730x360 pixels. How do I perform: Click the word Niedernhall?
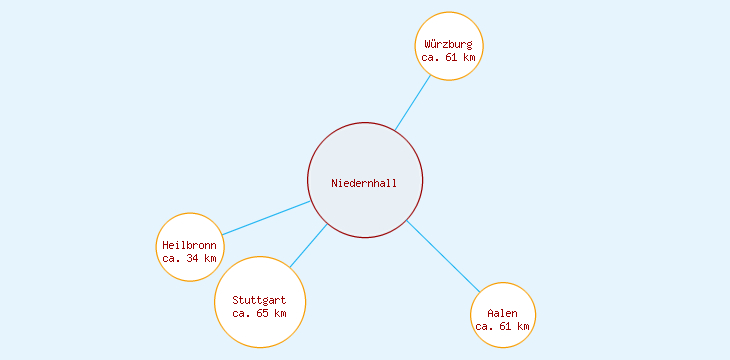coord(365,183)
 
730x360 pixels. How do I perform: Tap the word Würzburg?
coord(449,44)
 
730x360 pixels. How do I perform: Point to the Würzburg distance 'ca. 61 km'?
coord(449,58)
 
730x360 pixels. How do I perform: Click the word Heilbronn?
coord(189,245)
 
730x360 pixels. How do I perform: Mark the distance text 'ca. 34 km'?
coord(189,258)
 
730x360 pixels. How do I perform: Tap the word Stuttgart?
coord(260,300)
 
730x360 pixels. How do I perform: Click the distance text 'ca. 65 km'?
coord(260,313)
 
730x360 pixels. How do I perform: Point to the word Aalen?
coord(503,314)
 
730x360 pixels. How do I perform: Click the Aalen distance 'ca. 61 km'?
coord(503,327)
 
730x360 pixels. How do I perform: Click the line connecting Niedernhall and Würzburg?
coord(413,103)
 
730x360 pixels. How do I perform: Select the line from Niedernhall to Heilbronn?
coord(266,218)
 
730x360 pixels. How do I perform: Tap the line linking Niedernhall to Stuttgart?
coord(309,246)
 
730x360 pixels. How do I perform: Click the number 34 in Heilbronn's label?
coord(192,258)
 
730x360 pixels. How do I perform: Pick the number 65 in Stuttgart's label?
coord(263,313)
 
